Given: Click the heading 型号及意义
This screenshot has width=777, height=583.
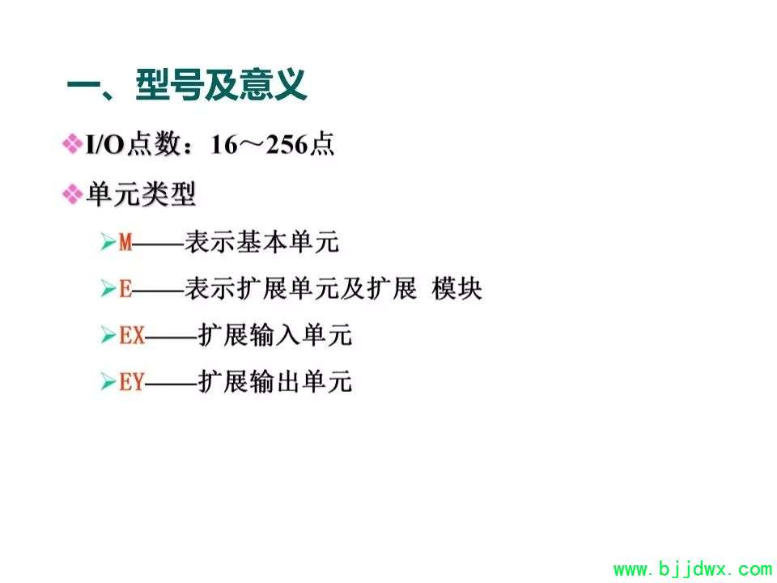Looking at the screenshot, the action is (221, 85).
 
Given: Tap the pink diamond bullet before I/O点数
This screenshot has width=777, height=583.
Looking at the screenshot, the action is (72, 144).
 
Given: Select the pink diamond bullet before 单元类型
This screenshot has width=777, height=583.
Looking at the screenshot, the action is (72, 194).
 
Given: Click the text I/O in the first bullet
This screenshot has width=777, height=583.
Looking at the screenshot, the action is (104, 145).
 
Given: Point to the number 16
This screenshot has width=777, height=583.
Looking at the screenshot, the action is (224, 145).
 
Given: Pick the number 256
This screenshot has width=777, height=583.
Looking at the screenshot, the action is (287, 145).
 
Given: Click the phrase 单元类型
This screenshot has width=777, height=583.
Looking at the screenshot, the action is (141, 194).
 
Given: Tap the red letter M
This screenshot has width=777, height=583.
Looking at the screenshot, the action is (126, 242).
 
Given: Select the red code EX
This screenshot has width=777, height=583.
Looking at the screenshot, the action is (132, 335).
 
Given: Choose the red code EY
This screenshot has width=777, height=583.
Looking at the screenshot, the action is (132, 381).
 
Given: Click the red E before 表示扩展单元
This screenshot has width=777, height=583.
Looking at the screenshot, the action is (125, 288).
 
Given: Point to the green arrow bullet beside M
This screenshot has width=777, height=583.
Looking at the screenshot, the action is (108, 242).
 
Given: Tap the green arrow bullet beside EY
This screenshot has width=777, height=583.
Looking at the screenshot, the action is (108, 381).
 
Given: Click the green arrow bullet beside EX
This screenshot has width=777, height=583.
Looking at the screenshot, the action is (108, 334).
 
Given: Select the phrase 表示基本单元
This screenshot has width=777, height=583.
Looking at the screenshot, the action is (262, 242).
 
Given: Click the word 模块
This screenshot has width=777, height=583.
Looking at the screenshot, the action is (456, 288).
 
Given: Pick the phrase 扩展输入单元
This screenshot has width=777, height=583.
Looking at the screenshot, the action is (275, 335).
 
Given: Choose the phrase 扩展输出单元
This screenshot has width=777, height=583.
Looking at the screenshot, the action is (275, 381).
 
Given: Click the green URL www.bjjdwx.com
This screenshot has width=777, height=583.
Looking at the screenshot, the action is (693, 569).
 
